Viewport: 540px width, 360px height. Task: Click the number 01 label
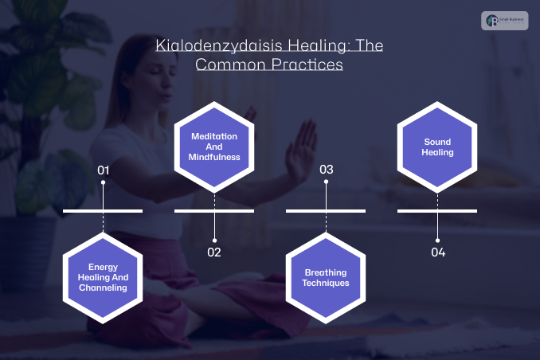pyautogui.click(x=103, y=170)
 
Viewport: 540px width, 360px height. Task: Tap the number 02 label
pyautogui.click(x=214, y=252)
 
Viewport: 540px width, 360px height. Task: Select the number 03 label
pyautogui.click(x=326, y=170)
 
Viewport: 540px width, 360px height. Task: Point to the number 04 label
pyautogui.click(x=438, y=252)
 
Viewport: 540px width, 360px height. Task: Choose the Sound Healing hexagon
pyautogui.click(x=438, y=147)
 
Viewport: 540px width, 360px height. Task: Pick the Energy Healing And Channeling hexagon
pyautogui.click(x=103, y=276)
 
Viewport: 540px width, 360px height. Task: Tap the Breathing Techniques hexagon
pyautogui.click(x=326, y=277)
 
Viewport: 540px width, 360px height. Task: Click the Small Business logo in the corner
pyautogui.click(x=505, y=21)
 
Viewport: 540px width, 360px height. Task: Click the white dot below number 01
pyautogui.click(x=103, y=183)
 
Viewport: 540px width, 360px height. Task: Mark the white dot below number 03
pyautogui.click(x=326, y=183)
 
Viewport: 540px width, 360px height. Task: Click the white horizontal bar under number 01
pyautogui.click(x=103, y=211)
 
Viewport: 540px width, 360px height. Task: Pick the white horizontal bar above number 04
pyautogui.click(x=438, y=211)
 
